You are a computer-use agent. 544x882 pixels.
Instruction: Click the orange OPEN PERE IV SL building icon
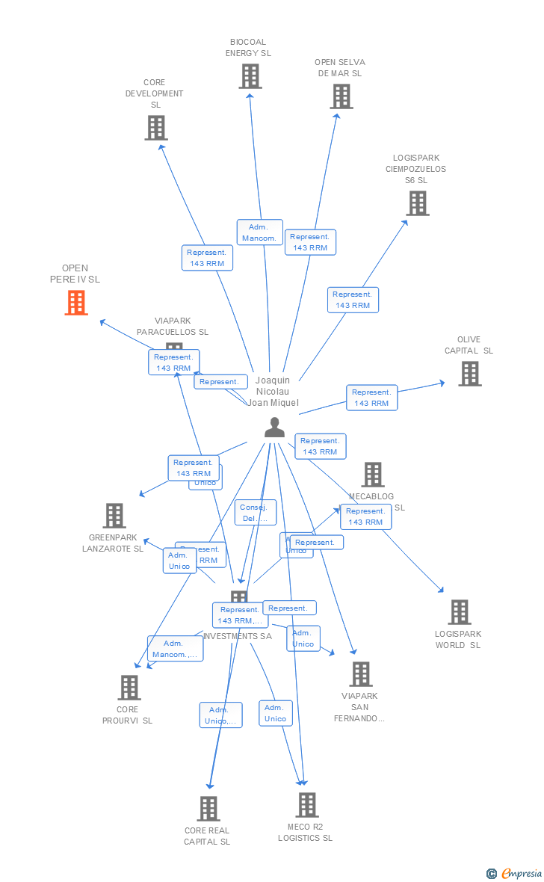pyautogui.click(x=76, y=303)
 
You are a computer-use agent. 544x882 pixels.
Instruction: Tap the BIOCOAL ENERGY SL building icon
pyautogui.click(x=250, y=76)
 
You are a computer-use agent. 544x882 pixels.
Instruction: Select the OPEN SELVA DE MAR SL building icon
pyautogui.click(x=341, y=96)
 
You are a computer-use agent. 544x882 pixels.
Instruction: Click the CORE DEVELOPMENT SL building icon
pyautogui.click(x=155, y=128)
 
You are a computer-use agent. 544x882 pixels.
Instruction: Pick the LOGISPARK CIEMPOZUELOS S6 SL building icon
pyautogui.click(x=418, y=203)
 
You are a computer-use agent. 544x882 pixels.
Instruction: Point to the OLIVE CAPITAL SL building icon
pyautogui.click(x=469, y=374)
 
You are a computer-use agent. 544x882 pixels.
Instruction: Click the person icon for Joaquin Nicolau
pyautogui.click(x=275, y=428)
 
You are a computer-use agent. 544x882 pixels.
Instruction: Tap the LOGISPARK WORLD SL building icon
pyautogui.click(x=459, y=612)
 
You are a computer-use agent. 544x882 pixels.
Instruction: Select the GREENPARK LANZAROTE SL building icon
pyautogui.click(x=114, y=516)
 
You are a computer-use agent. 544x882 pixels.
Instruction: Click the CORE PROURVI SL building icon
pyautogui.click(x=129, y=688)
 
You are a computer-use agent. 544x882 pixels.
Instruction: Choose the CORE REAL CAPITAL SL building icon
pyautogui.click(x=208, y=809)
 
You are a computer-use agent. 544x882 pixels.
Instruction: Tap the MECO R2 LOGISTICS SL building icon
pyautogui.click(x=306, y=805)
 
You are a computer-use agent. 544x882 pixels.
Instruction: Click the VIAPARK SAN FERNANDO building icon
pyautogui.click(x=360, y=674)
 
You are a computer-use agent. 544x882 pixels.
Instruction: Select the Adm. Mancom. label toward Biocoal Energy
pyautogui.click(x=260, y=232)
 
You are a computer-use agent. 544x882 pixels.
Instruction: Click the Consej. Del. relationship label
pyautogui.click(x=255, y=513)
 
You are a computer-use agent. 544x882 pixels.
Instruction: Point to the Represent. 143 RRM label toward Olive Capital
pyautogui.click(x=371, y=398)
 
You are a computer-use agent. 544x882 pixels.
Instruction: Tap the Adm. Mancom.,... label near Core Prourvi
pyautogui.click(x=175, y=649)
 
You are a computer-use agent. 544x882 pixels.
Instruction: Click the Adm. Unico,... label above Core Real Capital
pyautogui.click(x=220, y=715)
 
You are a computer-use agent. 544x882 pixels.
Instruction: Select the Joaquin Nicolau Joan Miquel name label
pyautogui.click(x=273, y=391)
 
